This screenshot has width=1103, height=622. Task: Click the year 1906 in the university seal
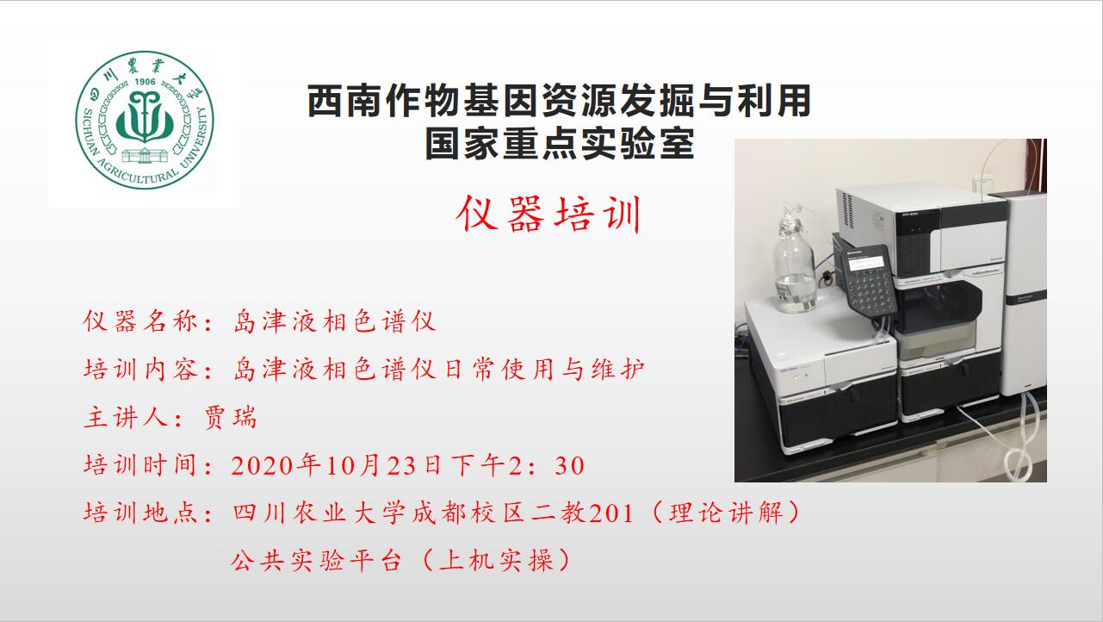(x=145, y=82)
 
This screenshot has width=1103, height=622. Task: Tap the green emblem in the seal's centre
(x=145, y=117)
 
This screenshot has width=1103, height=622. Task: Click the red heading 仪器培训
(x=548, y=215)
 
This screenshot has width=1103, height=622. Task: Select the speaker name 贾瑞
(x=231, y=418)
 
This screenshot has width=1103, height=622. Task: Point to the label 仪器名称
(x=139, y=321)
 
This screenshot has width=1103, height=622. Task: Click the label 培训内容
(x=139, y=370)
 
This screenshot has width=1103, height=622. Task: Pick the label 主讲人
(x=126, y=418)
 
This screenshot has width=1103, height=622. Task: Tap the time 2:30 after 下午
(x=547, y=465)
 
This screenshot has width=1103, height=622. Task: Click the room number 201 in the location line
(x=611, y=513)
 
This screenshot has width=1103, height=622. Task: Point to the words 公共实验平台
(x=316, y=561)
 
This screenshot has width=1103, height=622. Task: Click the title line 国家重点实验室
(x=560, y=143)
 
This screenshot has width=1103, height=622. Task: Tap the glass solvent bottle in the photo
(x=795, y=264)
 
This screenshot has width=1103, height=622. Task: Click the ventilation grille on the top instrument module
(x=848, y=210)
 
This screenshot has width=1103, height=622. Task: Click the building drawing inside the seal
(x=145, y=155)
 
